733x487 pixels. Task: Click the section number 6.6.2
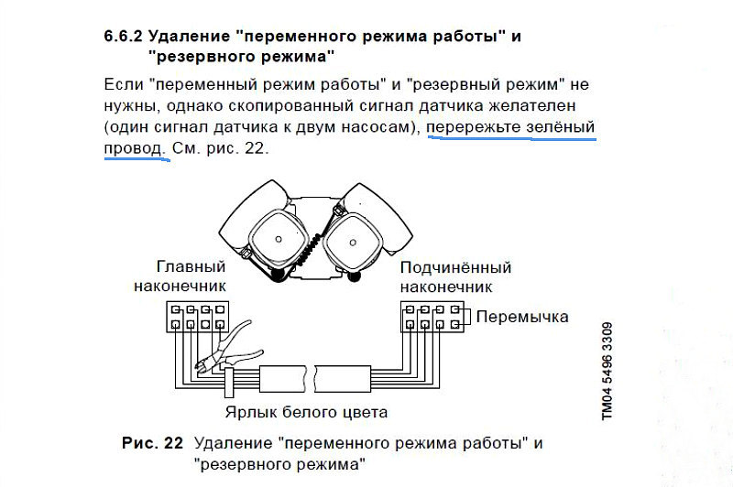point(123,36)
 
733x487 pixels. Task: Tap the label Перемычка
point(522,317)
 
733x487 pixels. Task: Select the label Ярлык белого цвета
point(306,412)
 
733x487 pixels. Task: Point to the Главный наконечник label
point(180,276)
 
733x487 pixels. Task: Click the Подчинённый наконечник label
point(455,276)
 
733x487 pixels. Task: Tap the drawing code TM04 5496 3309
point(607,372)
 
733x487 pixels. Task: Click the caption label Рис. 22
point(152,443)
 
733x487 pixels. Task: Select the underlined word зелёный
point(561,127)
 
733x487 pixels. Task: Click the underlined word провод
point(135,148)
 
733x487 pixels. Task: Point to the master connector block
point(198,317)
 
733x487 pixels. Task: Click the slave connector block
point(432,317)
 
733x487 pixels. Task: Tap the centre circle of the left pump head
point(279,239)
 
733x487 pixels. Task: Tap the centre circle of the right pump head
point(353,243)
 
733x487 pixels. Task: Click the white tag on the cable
point(229,382)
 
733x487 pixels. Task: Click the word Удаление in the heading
point(190,36)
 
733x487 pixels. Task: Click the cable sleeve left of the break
point(284,378)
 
